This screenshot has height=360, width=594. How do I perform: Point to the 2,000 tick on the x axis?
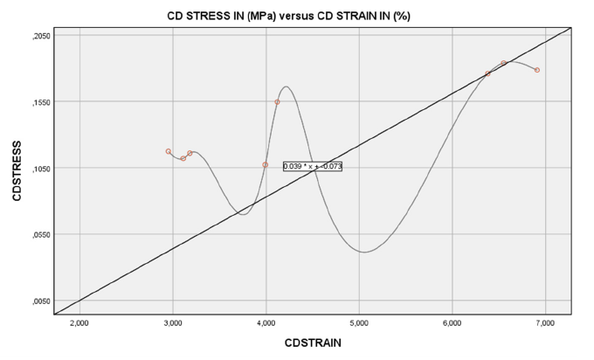point(79,323)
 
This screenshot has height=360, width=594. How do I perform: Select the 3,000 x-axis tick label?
point(172,323)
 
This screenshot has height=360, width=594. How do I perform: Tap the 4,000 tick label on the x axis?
point(266,323)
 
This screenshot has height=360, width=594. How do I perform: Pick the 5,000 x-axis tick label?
point(359,323)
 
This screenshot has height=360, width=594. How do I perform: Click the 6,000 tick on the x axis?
point(452,323)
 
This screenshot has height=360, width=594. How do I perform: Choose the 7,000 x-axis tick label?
point(544,323)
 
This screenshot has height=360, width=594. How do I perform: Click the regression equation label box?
point(312,166)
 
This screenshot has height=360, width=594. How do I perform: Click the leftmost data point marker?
point(169,151)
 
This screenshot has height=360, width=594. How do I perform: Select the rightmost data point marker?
point(537,70)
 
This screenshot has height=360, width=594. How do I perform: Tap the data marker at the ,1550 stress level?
point(278,102)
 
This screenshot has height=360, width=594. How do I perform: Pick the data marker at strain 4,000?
point(266,164)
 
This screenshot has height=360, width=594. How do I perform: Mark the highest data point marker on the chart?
point(504,63)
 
